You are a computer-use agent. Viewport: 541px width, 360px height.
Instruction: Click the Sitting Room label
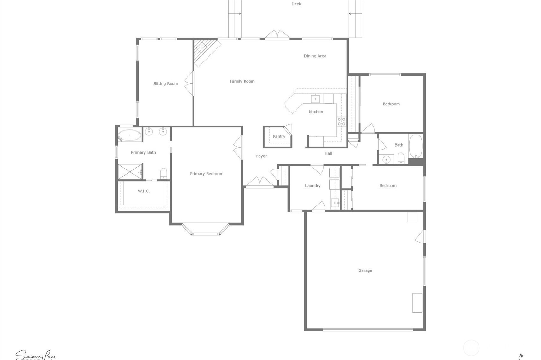(165, 84)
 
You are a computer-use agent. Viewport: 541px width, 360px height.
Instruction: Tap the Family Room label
(242, 81)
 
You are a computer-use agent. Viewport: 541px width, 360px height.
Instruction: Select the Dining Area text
(315, 56)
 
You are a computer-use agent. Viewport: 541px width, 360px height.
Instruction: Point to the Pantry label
(279, 136)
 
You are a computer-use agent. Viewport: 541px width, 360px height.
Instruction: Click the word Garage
(365, 270)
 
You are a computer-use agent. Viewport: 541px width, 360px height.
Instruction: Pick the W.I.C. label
(144, 191)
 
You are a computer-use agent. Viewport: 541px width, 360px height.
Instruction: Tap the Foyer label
(261, 156)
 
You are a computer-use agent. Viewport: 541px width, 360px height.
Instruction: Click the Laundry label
(312, 186)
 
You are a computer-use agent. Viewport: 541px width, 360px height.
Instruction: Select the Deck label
(296, 4)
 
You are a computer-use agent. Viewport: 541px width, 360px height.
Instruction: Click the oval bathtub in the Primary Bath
(129, 135)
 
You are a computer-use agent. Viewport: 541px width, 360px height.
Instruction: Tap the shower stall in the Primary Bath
(130, 172)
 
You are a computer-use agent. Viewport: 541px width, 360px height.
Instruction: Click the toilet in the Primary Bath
(164, 174)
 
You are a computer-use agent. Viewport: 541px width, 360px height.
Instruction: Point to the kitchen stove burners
(341, 121)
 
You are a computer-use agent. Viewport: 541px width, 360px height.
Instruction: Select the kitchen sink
(315, 98)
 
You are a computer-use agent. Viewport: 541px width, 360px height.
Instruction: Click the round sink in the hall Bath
(386, 159)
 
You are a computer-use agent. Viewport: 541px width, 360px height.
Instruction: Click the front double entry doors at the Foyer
(260, 183)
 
